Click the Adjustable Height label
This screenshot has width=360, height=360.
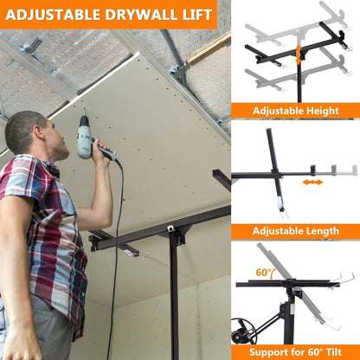click(295, 111)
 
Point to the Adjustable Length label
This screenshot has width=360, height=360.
click(295, 231)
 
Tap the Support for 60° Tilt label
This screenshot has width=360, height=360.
click(295, 350)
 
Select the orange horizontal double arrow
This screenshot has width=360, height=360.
click(312, 182)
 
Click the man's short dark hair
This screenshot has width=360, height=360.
click(22, 128)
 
